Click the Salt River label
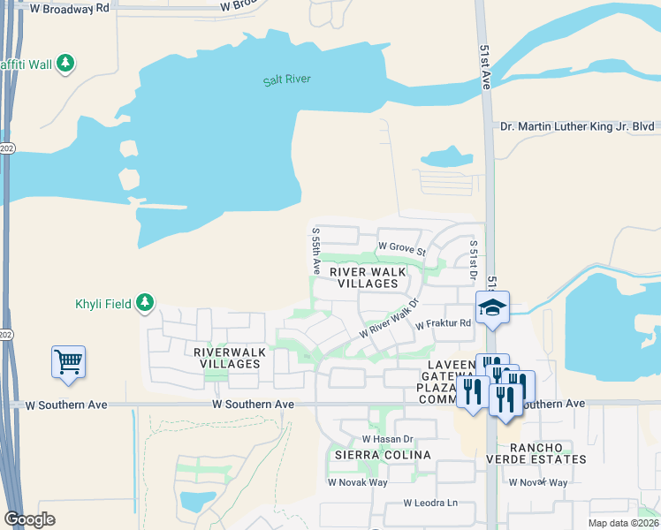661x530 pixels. pyautogui.click(x=287, y=80)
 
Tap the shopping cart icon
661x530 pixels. pyautogui.click(x=69, y=362)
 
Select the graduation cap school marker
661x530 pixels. pyautogui.click(x=492, y=308)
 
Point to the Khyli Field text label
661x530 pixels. pyautogui.click(x=103, y=305)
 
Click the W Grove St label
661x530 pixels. pyautogui.click(x=401, y=248)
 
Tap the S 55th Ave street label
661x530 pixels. pyautogui.click(x=315, y=249)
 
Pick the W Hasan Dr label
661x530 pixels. pyautogui.click(x=387, y=439)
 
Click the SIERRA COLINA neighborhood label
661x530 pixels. pyautogui.click(x=382, y=455)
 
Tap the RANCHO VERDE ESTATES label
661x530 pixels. pyautogui.click(x=536, y=452)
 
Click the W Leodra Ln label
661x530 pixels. pyautogui.click(x=430, y=503)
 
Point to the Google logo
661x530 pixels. pyautogui.click(x=29, y=519)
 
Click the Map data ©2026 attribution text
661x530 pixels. pyautogui.click(x=623, y=523)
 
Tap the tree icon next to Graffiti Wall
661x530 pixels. pyautogui.click(x=65, y=63)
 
